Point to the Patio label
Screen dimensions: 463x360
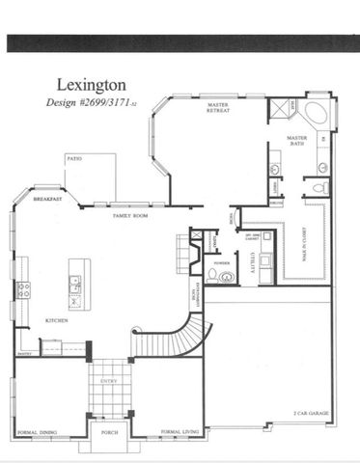click(73, 157)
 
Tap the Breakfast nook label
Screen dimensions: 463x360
click(48, 199)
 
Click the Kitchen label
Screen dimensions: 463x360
click(55, 320)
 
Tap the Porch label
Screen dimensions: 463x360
click(109, 433)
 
